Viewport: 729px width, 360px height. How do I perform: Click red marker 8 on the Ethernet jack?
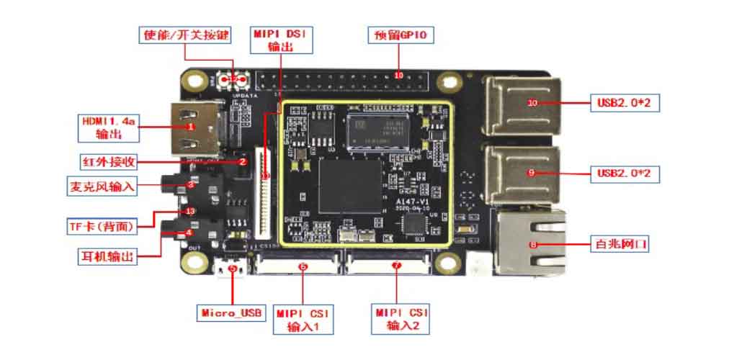click(x=533, y=245)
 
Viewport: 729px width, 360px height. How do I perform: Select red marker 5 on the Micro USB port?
click(x=232, y=267)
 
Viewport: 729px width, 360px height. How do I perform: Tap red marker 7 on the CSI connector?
click(x=395, y=266)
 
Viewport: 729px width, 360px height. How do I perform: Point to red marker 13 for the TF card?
click(x=189, y=211)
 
